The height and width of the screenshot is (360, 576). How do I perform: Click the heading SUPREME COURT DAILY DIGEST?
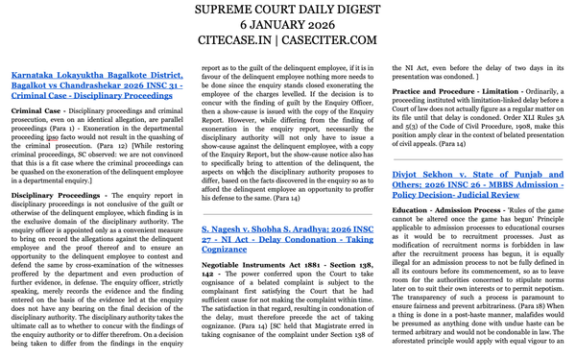click(288, 11)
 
